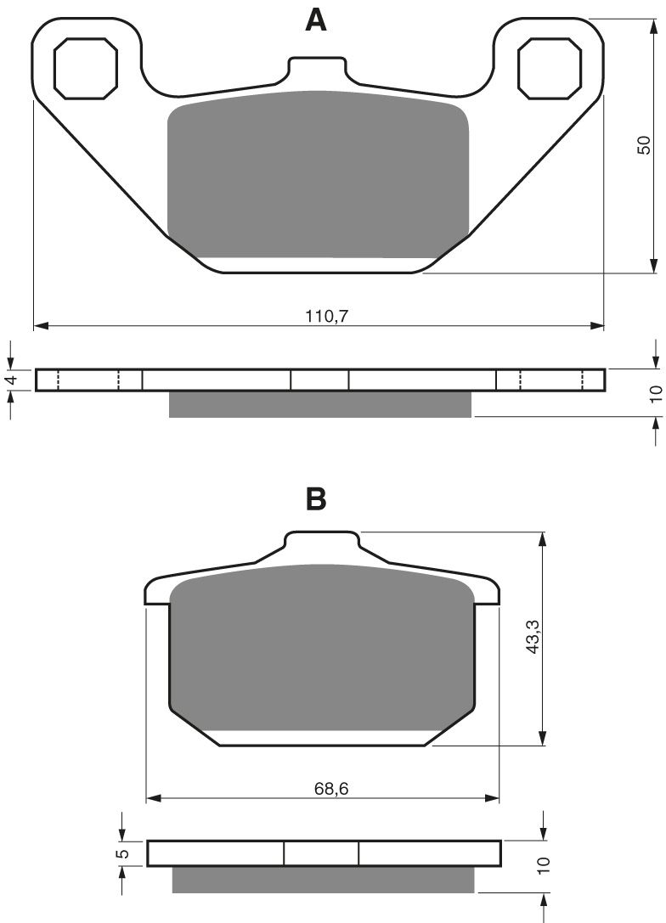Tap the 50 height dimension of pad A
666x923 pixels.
point(644,145)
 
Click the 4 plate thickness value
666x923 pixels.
point(11,380)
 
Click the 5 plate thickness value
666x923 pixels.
point(123,853)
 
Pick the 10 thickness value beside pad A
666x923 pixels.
point(654,394)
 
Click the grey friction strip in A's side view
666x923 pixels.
point(319,404)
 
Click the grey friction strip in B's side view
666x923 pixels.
point(323,880)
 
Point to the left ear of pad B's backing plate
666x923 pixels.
point(158,592)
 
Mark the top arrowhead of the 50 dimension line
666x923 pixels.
point(652,25)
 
